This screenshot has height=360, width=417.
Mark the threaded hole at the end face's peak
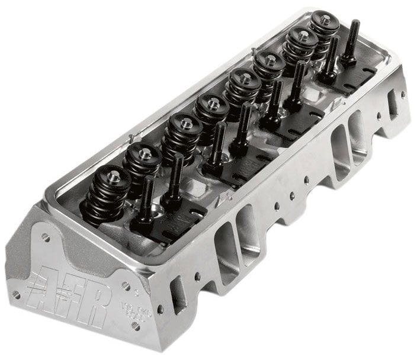tap(46, 237)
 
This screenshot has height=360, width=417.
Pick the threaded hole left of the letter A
tap(17, 294)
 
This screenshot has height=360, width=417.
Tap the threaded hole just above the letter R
tap(126, 286)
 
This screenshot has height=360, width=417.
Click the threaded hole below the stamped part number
tap(136, 326)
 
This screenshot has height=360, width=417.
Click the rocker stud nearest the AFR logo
tap(146, 201)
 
